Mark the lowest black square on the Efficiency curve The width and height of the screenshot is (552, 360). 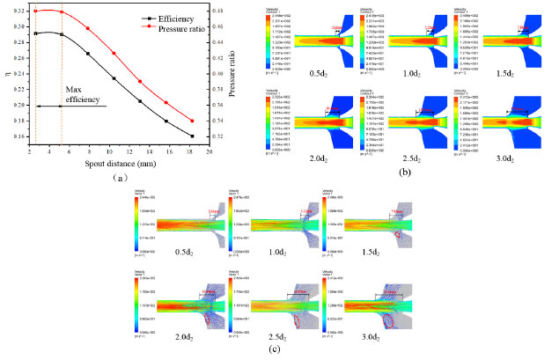click(x=192, y=136)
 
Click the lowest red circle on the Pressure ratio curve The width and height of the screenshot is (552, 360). click(x=192, y=121)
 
